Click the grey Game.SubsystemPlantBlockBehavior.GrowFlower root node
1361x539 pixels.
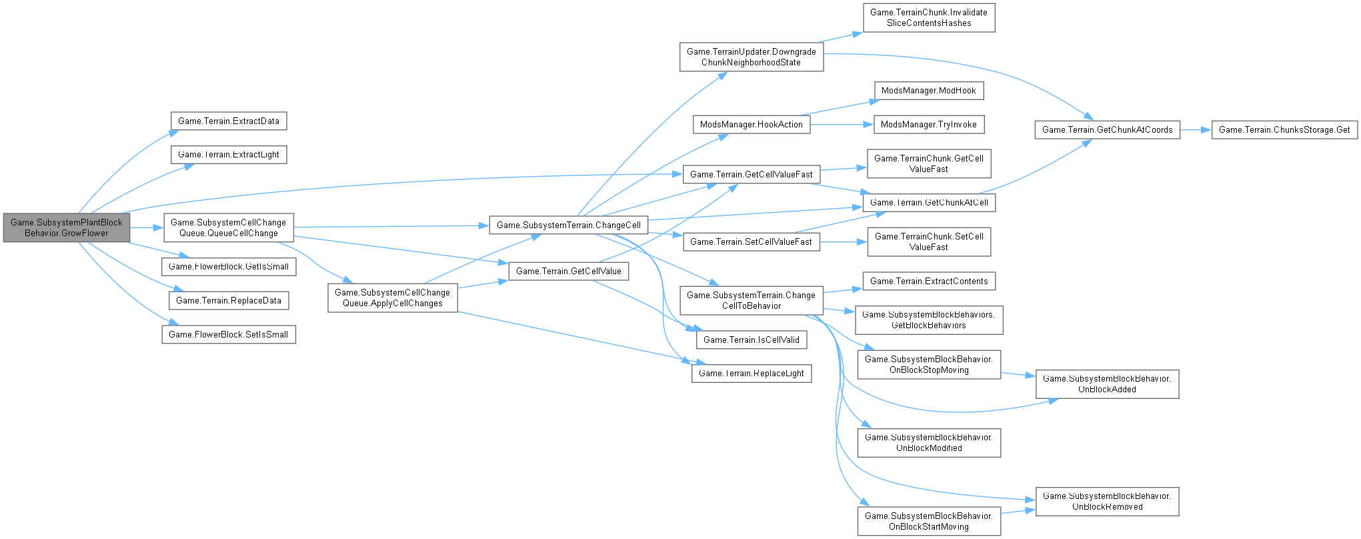click(66, 228)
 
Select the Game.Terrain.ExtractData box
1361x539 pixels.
click(229, 121)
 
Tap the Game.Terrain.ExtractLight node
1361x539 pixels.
click(229, 155)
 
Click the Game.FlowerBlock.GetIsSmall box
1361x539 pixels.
click(229, 266)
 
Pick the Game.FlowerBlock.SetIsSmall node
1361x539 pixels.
click(229, 334)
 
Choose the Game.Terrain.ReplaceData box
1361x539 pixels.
click(229, 300)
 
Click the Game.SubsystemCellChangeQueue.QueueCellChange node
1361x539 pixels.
click(229, 228)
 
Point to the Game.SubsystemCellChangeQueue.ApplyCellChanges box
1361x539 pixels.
click(392, 298)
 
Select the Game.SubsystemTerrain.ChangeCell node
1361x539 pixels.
click(568, 225)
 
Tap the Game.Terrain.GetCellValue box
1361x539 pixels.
click(568, 271)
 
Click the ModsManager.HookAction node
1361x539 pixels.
click(752, 124)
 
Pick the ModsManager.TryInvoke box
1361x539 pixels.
click(928, 124)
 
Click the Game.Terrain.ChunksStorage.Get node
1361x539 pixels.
click(1284, 129)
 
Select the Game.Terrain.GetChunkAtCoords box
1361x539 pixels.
click(1107, 129)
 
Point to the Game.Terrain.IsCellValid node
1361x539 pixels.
click(752, 340)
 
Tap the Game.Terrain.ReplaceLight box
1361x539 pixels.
click(752, 374)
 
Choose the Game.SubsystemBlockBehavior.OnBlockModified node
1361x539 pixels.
click(929, 442)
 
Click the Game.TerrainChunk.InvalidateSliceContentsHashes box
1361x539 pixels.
click(929, 17)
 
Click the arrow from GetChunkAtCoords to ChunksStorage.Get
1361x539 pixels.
click(1195, 129)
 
